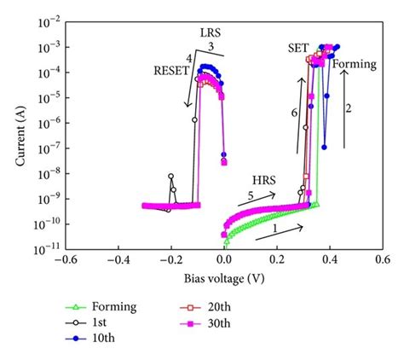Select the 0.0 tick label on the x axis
(224, 261)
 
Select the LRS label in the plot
(210, 33)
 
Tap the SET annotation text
(287, 50)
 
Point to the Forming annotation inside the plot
(349, 64)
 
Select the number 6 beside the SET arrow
(294, 113)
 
